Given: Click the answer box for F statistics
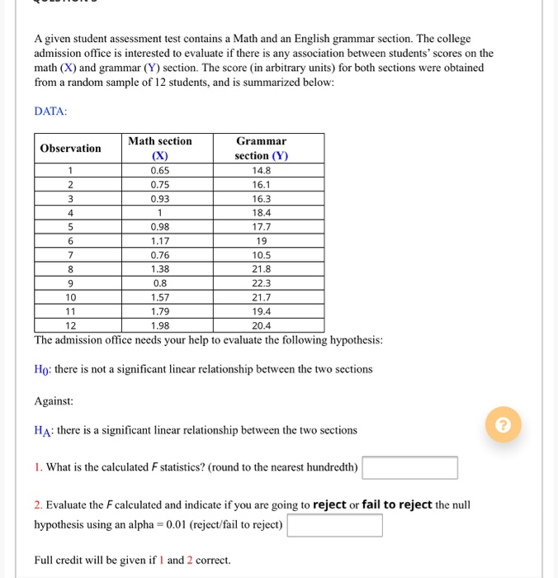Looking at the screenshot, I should click(x=410, y=468).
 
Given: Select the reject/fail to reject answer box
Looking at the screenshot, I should click(x=335, y=525).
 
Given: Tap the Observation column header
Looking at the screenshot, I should click(x=71, y=149).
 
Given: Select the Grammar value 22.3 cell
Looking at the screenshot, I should click(x=261, y=282).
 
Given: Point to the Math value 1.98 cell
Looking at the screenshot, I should click(x=160, y=325).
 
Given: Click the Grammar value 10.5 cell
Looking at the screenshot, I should click(x=261, y=255).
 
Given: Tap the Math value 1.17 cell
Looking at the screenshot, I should click(x=160, y=241).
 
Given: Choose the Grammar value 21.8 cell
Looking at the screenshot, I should click(x=261, y=269).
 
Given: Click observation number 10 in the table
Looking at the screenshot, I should click(x=71, y=296).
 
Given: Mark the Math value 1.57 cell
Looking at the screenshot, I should click(x=160, y=296).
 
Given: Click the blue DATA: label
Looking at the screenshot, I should click(x=51, y=111).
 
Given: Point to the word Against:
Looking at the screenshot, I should click(x=54, y=400).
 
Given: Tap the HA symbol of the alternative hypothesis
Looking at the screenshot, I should click(x=43, y=431).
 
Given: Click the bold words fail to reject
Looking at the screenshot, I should click(x=397, y=505).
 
